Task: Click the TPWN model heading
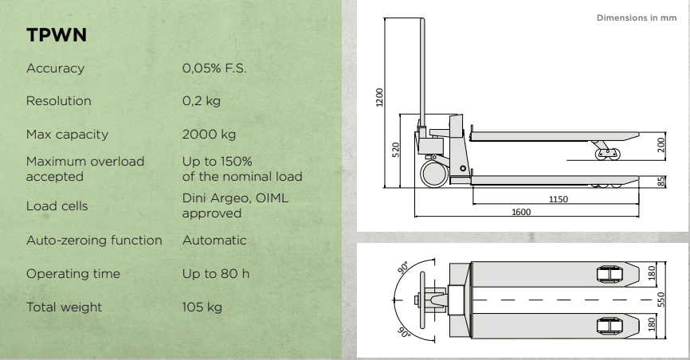coord(57,35)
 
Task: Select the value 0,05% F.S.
coord(214,68)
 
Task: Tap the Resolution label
coord(58,101)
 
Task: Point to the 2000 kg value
coord(209,135)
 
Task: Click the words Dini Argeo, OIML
coord(235,198)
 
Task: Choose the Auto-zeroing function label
coord(94,241)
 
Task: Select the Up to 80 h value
coord(216,274)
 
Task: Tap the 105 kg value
coord(202,307)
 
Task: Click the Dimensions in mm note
coord(637,18)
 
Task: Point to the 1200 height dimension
coord(379,97)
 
